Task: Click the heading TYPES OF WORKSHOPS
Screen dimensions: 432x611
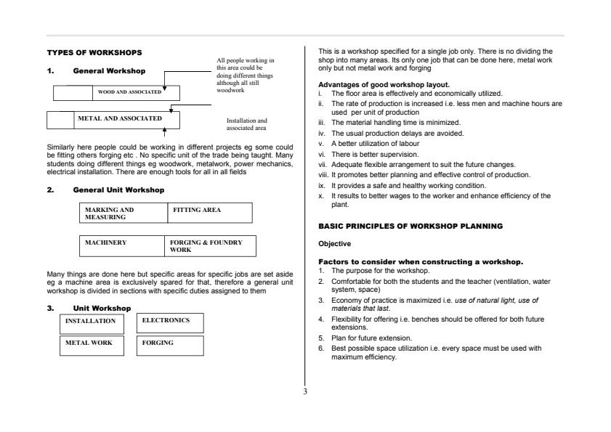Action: tap(94, 52)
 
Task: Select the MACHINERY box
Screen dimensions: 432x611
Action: tap(123, 246)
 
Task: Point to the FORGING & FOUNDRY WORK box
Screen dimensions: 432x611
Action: tap(211, 246)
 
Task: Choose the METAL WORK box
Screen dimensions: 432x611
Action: tap(92, 345)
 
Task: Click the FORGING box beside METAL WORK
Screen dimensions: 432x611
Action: tap(170, 345)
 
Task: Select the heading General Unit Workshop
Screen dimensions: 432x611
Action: tap(118, 189)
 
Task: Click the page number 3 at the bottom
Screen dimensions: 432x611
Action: tap(305, 392)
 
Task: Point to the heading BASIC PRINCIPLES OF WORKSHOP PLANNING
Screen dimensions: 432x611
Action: tap(410, 226)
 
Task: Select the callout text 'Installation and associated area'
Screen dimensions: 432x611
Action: tap(247, 124)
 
